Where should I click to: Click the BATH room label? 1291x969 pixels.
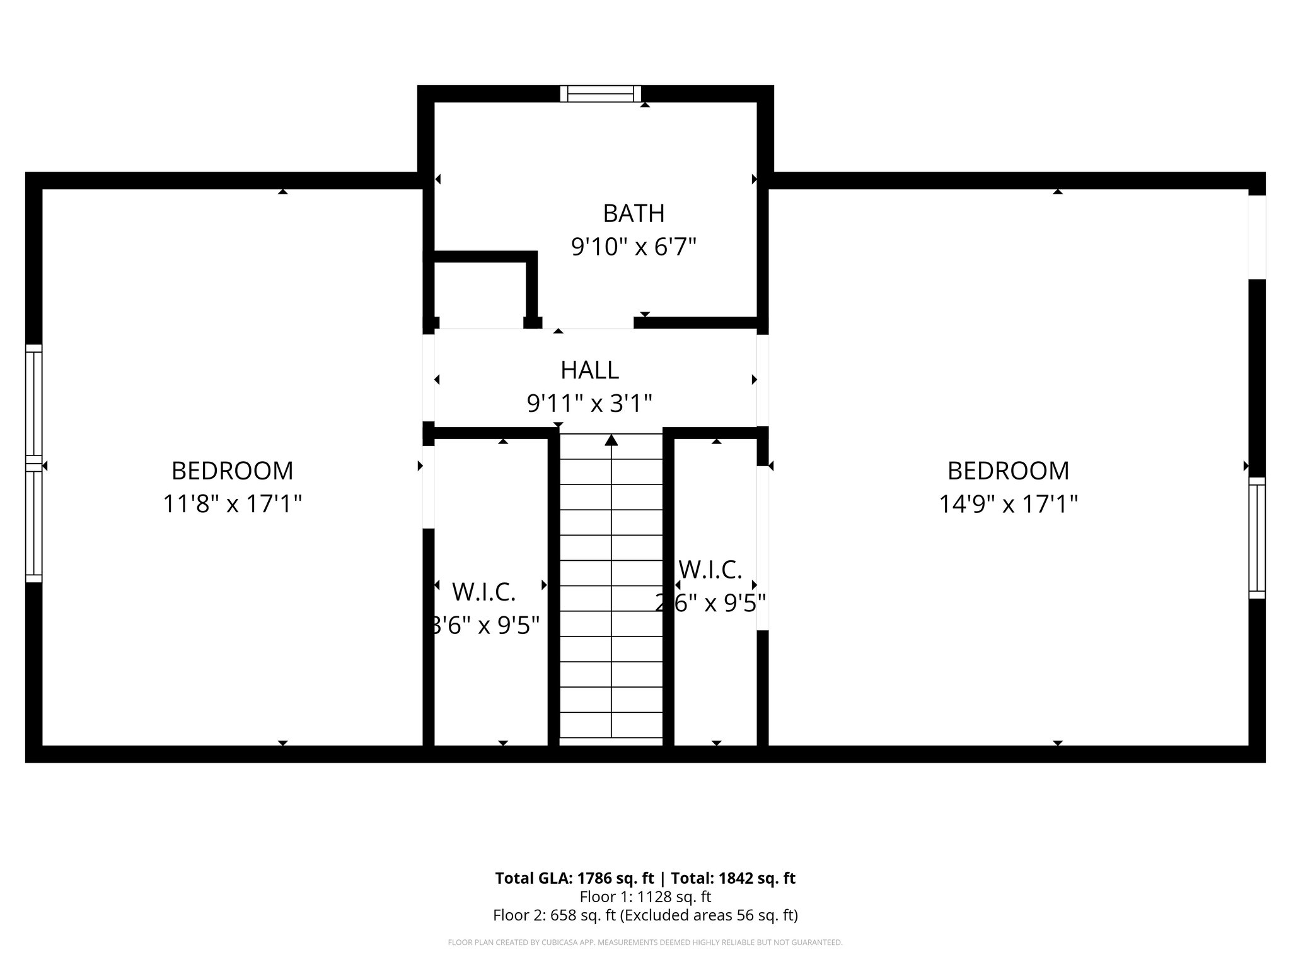634,214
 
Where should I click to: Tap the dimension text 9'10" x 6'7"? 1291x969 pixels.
634,247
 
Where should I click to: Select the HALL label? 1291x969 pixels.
589,370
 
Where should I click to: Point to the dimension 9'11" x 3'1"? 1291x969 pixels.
589,402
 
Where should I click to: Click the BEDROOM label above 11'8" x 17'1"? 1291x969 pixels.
232,471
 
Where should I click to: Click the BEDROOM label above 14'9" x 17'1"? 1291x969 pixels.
1008,471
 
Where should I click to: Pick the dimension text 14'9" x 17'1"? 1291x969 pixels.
1008,504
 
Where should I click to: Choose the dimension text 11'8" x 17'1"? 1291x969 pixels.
232,504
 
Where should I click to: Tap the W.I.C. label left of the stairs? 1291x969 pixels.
484,592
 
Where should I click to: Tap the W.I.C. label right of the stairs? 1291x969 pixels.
710,570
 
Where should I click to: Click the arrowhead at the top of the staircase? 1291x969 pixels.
611,440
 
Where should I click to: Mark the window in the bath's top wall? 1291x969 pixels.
601,94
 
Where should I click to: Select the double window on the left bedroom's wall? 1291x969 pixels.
33,464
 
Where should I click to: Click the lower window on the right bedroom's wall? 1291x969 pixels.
1257,537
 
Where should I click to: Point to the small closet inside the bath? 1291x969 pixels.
480,291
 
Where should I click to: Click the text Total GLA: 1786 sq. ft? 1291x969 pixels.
575,878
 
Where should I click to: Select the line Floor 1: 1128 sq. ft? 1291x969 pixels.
645,896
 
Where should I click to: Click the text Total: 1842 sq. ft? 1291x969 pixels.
732,878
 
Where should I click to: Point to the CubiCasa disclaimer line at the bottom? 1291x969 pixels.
645,943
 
